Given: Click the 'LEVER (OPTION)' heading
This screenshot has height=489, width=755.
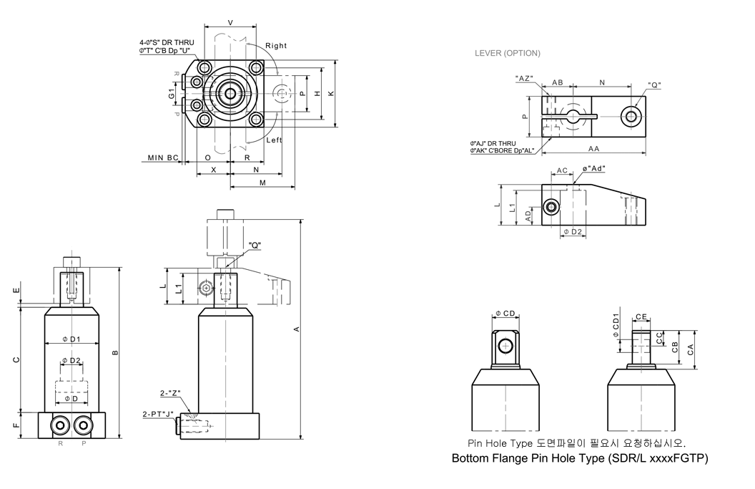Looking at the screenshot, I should tap(508, 53).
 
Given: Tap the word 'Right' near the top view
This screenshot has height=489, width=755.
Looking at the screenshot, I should tap(276, 46).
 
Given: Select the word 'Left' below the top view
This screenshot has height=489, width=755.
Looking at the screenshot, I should tap(275, 140).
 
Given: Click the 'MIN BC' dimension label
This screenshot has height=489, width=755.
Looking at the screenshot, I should tap(163, 157).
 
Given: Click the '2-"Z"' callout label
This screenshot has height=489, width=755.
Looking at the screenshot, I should tap(171, 392).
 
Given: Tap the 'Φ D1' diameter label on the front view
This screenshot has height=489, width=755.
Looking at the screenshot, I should tap(71, 339).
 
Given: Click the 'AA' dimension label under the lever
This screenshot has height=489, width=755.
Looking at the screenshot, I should tap(593, 149).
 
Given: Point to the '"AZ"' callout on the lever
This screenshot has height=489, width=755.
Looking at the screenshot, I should tap(524, 78).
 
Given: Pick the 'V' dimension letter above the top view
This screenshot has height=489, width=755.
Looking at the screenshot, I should tap(230, 23).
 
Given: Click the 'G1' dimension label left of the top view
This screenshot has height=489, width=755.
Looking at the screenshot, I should tap(172, 94).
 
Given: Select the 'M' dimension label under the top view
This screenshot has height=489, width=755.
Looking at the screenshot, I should tap(262, 183).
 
